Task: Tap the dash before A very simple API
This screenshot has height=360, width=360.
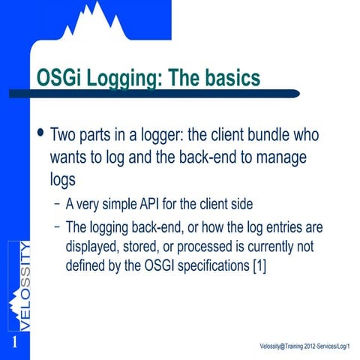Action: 58,204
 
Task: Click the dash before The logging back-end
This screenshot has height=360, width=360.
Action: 58,227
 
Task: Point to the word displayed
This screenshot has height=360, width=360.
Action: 94,246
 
